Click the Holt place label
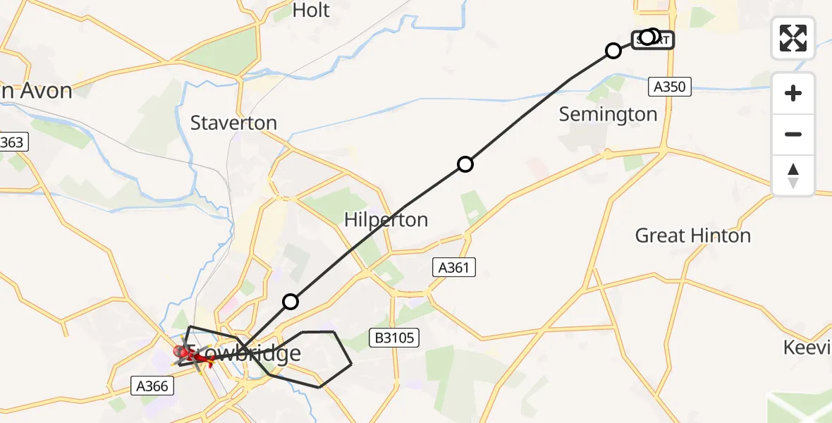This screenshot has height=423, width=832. [x=311, y=10]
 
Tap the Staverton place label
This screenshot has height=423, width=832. [x=233, y=123]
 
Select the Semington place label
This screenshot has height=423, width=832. [x=608, y=114]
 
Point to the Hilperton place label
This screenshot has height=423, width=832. [x=386, y=219]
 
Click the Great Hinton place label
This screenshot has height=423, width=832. [x=692, y=235]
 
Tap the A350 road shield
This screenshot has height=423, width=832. [x=669, y=87]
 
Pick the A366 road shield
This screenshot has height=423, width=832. [x=150, y=385]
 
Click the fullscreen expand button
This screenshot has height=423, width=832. [x=793, y=38]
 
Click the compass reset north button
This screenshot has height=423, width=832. [x=793, y=176]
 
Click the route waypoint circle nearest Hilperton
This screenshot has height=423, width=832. [x=465, y=164]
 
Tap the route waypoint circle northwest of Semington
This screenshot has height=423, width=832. [x=613, y=51]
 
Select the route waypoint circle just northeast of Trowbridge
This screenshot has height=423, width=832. [x=290, y=302]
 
